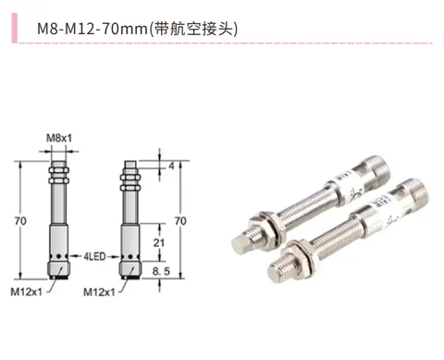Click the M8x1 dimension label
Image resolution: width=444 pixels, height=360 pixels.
59,138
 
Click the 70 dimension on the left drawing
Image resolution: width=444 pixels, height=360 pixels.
20,221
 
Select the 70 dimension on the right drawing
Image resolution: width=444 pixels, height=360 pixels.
180,221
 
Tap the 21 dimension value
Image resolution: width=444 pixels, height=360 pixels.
159,242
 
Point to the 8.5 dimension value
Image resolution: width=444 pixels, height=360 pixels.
161,271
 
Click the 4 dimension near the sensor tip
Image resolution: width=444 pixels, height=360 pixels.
171,167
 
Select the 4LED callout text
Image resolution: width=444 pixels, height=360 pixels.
95,256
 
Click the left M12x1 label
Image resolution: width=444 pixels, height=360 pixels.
26,292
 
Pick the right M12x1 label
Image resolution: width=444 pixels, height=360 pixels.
99,292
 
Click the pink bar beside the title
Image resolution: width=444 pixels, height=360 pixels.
15,28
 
